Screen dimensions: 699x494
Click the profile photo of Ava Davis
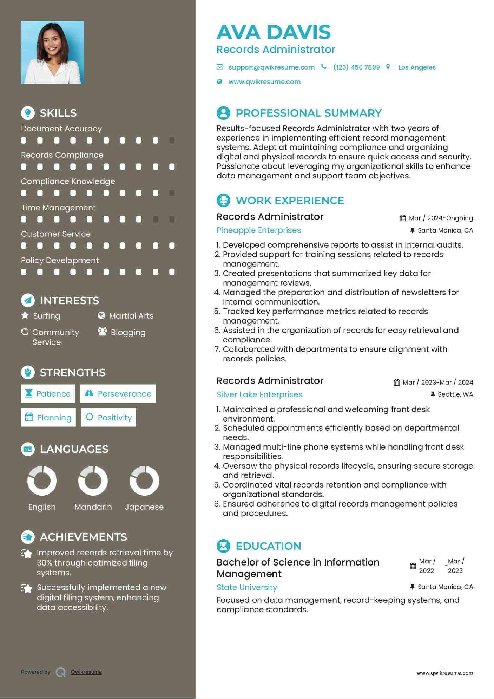[53, 53]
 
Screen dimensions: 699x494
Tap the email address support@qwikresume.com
[271, 67]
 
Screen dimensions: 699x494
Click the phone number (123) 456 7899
[356, 67]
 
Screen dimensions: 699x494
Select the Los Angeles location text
[417, 67]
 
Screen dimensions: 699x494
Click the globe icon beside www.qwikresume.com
[219, 82]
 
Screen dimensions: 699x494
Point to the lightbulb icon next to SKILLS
[28, 113]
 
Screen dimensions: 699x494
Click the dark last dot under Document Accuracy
[172, 141]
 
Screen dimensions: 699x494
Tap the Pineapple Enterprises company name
[259, 230]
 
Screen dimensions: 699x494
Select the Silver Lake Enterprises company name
[259, 395]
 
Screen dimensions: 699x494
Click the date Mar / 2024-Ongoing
[441, 218]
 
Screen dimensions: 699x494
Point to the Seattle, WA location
[455, 394]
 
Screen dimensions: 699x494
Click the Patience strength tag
[48, 394]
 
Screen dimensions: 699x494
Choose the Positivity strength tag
[108, 418]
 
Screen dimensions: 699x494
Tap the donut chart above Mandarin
[93, 481]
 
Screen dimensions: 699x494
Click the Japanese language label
[144, 507]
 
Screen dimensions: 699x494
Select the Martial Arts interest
[131, 316]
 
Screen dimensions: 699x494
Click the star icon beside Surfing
[25, 315]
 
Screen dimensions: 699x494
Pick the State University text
[247, 588]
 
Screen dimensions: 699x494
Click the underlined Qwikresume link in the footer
[86, 672]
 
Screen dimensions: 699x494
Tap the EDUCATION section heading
[268, 546]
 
